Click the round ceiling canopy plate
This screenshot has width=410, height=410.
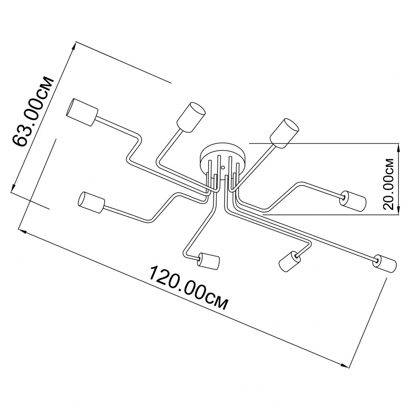[223, 158]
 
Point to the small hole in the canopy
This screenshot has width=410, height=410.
[223, 167]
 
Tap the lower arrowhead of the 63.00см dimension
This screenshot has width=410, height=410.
[13, 187]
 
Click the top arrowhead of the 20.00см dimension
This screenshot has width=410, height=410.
[398, 148]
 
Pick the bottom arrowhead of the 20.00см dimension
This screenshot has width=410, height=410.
[398, 210]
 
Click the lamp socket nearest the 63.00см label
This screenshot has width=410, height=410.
[82, 112]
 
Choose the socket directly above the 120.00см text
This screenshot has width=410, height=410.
[209, 260]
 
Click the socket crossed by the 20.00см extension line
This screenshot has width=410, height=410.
[284, 133]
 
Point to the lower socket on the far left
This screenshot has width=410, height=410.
[92, 202]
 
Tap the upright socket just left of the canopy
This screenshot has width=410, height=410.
[191, 117]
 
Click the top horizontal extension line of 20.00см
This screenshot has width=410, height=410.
[324, 144]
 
